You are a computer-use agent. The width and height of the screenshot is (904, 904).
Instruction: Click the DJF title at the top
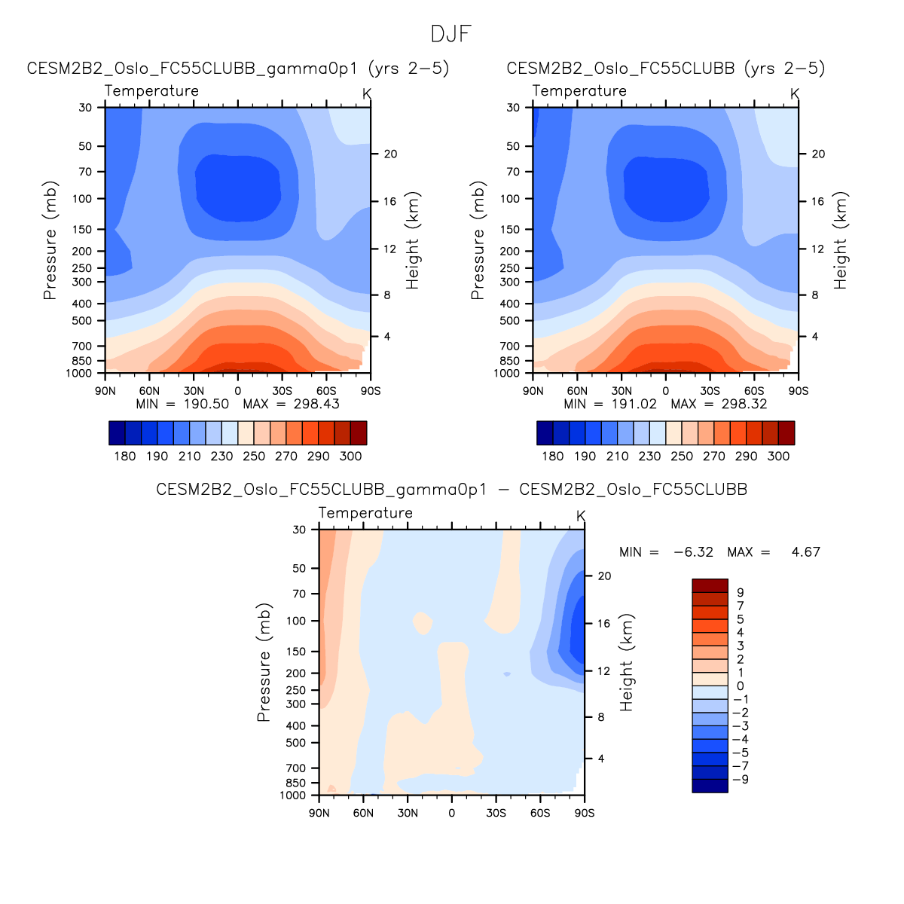click(x=451, y=34)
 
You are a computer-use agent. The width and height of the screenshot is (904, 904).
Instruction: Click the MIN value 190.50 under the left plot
click(x=206, y=404)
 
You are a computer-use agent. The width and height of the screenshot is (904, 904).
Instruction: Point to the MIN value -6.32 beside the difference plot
click(x=693, y=552)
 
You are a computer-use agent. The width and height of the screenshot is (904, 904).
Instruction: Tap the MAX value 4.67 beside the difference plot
click(x=805, y=552)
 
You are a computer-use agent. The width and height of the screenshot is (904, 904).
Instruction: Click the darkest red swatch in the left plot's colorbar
click(x=359, y=433)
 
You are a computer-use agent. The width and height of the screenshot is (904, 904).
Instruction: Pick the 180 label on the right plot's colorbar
click(x=552, y=456)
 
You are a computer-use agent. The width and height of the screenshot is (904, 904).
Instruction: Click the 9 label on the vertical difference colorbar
click(x=740, y=593)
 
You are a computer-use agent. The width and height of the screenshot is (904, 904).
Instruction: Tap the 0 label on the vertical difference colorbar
click(x=740, y=686)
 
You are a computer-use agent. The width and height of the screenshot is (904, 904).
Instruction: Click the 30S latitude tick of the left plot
click(x=282, y=391)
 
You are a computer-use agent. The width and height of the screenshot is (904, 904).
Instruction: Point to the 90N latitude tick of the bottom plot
click(x=319, y=813)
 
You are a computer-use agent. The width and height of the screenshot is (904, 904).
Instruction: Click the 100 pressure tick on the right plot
click(x=510, y=199)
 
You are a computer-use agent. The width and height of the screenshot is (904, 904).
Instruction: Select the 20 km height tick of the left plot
click(x=390, y=154)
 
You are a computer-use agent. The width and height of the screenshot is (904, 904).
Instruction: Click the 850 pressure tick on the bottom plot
click(x=296, y=783)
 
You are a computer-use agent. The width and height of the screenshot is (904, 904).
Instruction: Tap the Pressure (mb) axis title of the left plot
click(x=50, y=240)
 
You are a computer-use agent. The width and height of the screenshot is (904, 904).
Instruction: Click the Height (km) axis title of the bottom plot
click(x=627, y=662)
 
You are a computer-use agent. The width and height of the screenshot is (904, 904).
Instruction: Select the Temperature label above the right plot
click(x=579, y=91)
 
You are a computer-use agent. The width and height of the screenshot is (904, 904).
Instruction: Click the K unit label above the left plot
click(x=366, y=93)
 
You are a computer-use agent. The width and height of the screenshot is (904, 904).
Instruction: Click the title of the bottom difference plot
click(x=451, y=490)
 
